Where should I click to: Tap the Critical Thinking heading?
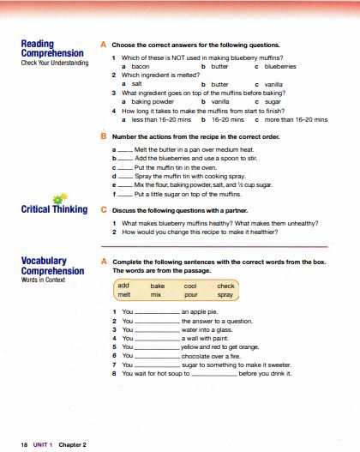tap(54, 208)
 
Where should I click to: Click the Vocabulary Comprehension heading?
tap(52, 266)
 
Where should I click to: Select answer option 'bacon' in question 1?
tap(141, 65)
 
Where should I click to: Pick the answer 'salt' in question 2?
tap(136, 84)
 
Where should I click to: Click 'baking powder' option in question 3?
tap(149, 102)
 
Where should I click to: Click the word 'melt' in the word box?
tap(124, 294)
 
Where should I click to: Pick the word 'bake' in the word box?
tap(157, 285)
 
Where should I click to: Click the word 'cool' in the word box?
tap(190, 285)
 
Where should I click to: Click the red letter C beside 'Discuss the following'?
tap(104, 208)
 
